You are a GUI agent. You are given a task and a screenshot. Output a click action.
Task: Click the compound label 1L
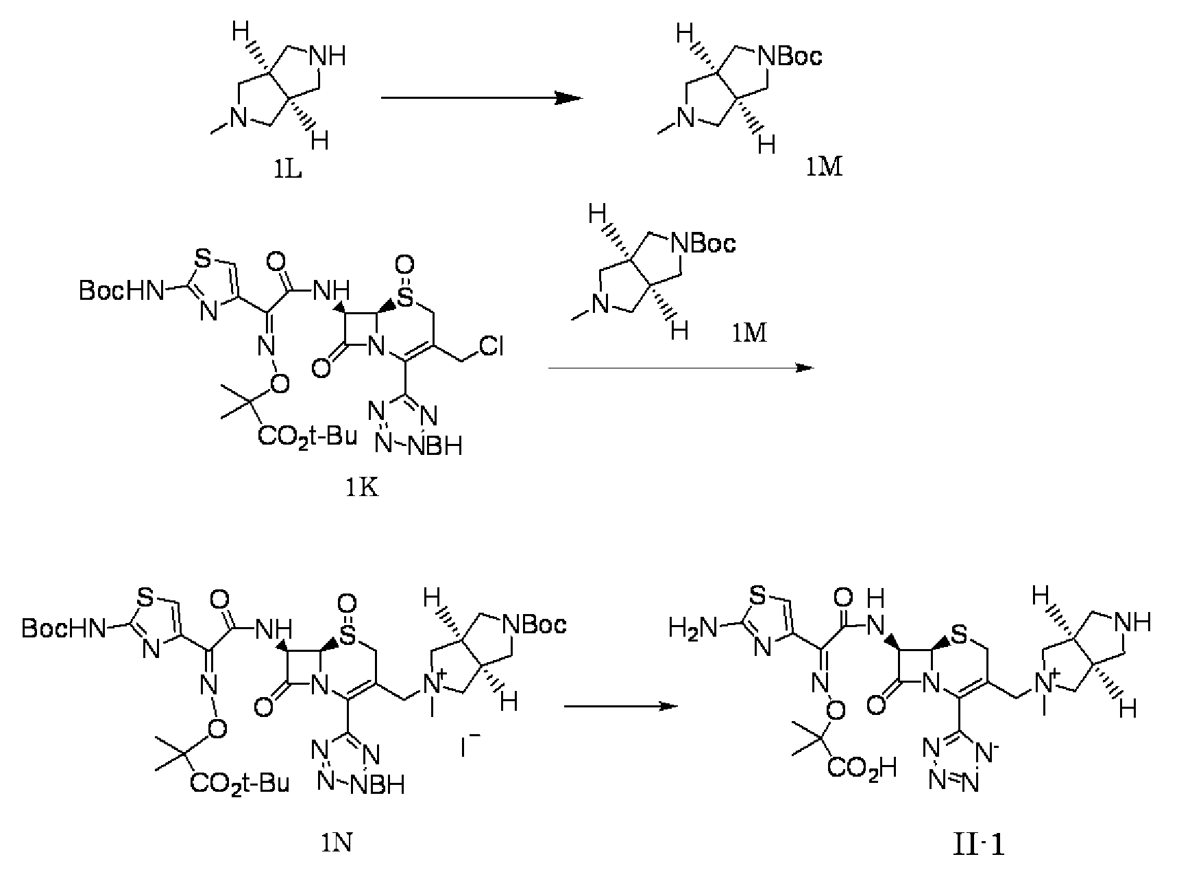(285, 167)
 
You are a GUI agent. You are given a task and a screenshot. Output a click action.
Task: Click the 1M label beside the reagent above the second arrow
(749, 334)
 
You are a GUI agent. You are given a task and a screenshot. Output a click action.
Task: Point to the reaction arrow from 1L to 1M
(481, 98)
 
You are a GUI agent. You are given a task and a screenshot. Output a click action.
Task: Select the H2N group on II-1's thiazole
(693, 626)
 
